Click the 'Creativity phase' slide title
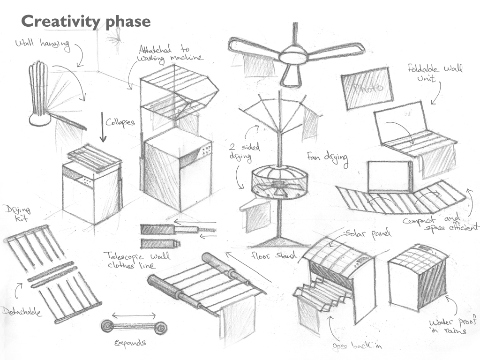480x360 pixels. [x=86, y=21]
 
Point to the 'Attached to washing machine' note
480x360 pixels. [x=170, y=53]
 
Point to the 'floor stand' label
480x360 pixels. [x=274, y=256]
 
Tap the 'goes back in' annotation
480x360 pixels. [x=358, y=346]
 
